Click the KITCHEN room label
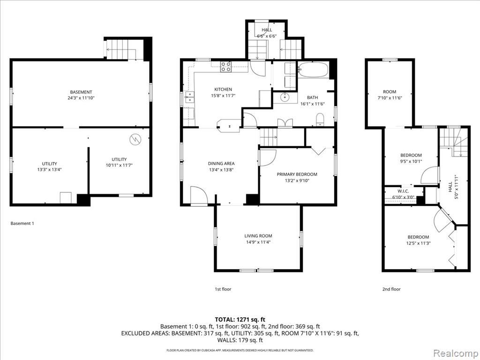click(x=223, y=90)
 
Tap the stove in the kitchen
click(x=226, y=67)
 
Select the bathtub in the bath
click(x=313, y=70)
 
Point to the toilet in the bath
click(x=320, y=119)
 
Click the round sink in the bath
click(x=285, y=97)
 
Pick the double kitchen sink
click(x=190, y=97)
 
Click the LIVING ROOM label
click(x=258, y=236)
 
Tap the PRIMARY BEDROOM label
click(x=297, y=174)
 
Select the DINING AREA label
click(x=221, y=164)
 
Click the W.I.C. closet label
click(x=403, y=191)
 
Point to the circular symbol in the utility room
click(x=135, y=139)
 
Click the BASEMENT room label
click(x=81, y=92)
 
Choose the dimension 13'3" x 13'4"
click(x=50, y=169)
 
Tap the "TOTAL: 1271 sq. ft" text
click(x=240, y=320)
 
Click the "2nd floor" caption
click(x=391, y=289)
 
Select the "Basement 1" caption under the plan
click(x=22, y=224)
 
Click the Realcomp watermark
click(x=456, y=353)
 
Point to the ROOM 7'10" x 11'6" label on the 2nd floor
click(x=390, y=95)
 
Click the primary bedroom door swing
click(x=268, y=158)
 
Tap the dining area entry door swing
click(x=199, y=195)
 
